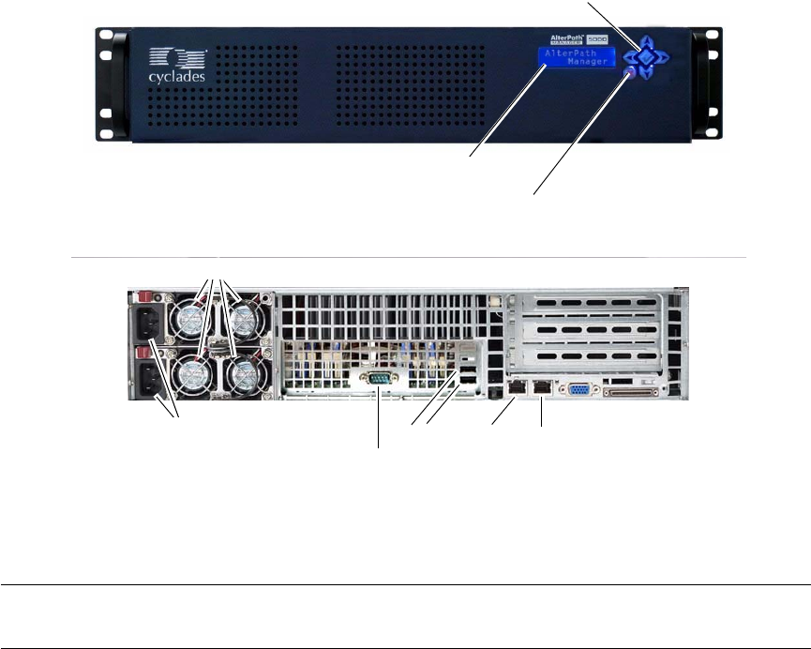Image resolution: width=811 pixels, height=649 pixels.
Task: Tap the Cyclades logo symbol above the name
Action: (169, 55)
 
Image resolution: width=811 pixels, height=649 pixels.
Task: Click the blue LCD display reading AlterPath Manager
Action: (577, 66)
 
